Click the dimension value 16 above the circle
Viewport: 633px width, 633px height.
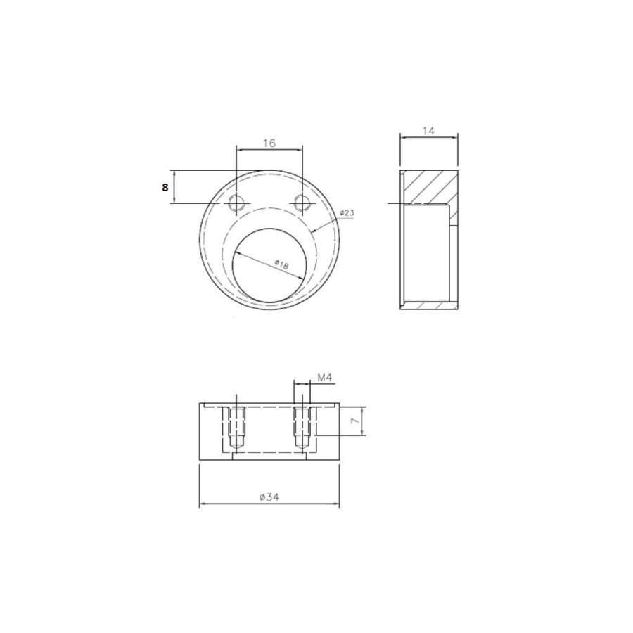[x=269, y=143]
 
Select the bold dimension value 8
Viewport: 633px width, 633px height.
[x=165, y=187]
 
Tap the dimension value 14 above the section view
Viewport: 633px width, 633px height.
[x=428, y=131]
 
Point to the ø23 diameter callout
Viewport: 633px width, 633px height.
[x=347, y=212]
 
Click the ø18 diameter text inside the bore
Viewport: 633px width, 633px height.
[x=281, y=265]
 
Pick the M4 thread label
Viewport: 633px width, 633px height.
[x=324, y=378]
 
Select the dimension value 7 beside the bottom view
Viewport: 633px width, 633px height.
[x=354, y=421]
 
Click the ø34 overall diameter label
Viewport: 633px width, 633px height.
[x=269, y=497]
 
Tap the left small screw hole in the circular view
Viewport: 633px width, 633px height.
[x=236, y=203]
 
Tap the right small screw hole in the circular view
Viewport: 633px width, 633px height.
[x=302, y=203]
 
